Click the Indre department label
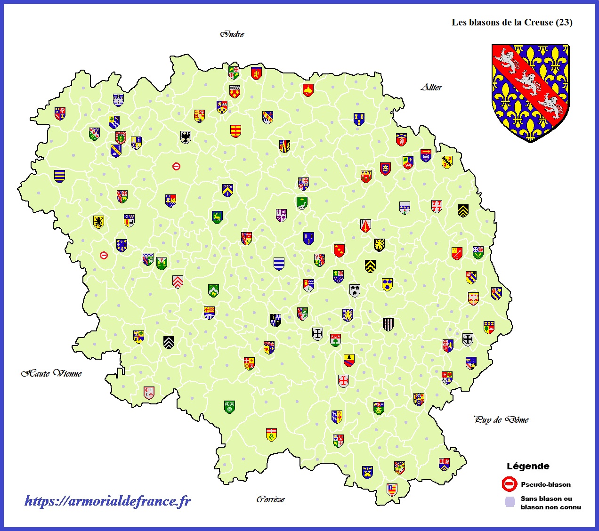233,34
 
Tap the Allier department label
431,87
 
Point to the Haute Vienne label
52,373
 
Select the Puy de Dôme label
501,419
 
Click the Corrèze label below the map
270,499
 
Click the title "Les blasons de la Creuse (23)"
512,22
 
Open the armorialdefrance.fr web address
107,501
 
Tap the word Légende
528,466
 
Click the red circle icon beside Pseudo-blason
510,484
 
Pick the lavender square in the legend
510,502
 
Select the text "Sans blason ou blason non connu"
550,503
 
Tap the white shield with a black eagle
186,137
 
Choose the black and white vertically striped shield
388,324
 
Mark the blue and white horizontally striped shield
279,264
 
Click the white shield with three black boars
355,290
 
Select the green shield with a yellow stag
217,217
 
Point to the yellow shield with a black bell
348,361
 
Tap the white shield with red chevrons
178,282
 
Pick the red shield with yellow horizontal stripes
235,130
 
